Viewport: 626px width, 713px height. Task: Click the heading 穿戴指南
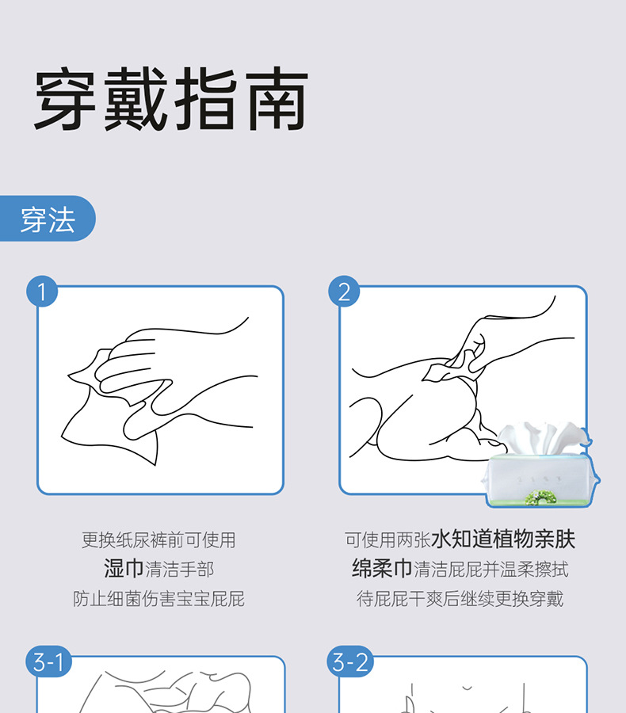171,99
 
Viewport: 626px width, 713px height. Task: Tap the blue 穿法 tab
48,219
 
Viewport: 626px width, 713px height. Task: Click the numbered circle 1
42,292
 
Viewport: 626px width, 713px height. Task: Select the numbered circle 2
345,292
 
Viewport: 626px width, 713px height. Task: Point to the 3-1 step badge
48,662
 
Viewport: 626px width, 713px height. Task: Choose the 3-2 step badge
350,662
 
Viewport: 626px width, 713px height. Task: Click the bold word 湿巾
124,568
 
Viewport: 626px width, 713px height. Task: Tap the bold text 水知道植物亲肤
503,540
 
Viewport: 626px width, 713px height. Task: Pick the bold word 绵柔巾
382,568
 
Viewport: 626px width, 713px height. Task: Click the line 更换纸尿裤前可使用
158,540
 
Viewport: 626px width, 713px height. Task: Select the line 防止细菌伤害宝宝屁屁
158,598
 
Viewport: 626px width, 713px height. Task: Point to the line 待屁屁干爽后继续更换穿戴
460,598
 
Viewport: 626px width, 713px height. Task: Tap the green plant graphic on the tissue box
540,497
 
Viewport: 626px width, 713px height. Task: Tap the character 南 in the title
278,99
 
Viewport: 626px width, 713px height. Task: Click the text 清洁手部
179,570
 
